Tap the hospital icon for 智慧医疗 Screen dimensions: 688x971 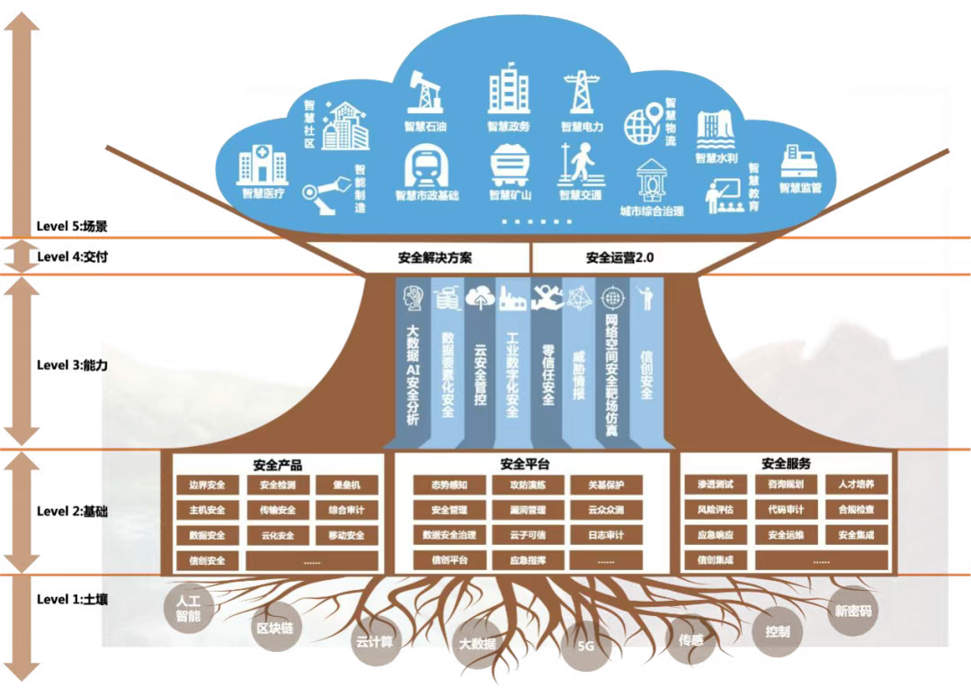[x=263, y=166]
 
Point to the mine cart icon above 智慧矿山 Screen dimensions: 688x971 [x=510, y=165]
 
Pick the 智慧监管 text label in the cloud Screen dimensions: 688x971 [x=800, y=188]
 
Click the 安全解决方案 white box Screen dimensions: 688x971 [x=434, y=257]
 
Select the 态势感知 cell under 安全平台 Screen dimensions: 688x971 [x=450, y=485]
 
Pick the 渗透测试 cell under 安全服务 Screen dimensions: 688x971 [x=716, y=485]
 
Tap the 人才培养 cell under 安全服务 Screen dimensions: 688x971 [x=856, y=485]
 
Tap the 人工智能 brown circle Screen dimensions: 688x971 [x=189, y=609]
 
